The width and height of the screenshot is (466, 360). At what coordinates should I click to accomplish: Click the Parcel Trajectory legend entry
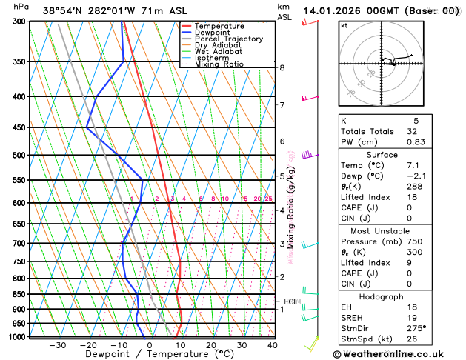pos(229,39)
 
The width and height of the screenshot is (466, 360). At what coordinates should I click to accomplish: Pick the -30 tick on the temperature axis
pos(57,345)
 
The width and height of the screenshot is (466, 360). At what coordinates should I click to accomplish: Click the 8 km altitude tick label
pos(282,67)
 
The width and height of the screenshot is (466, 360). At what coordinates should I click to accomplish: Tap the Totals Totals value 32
pos(413,131)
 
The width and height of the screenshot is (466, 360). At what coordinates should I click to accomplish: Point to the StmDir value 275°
pos(416,328)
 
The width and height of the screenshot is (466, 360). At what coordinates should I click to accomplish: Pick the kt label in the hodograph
pos(344,26)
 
